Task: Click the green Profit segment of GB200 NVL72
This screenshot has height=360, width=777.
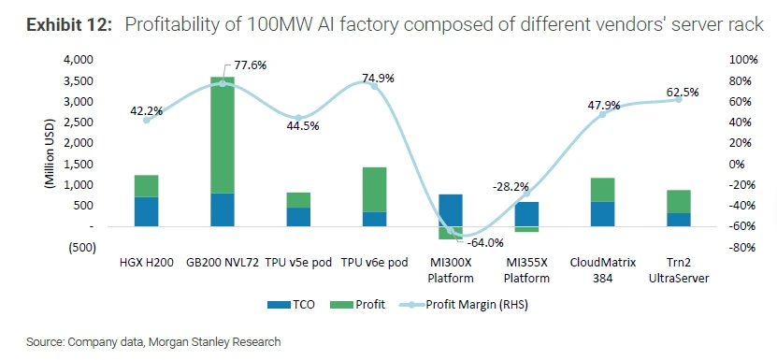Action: (222, 136)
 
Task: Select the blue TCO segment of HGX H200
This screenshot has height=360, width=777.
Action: (146, 211)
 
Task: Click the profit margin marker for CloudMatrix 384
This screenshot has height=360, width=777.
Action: (602, 113)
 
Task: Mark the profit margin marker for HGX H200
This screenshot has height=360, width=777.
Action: (146, 120)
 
